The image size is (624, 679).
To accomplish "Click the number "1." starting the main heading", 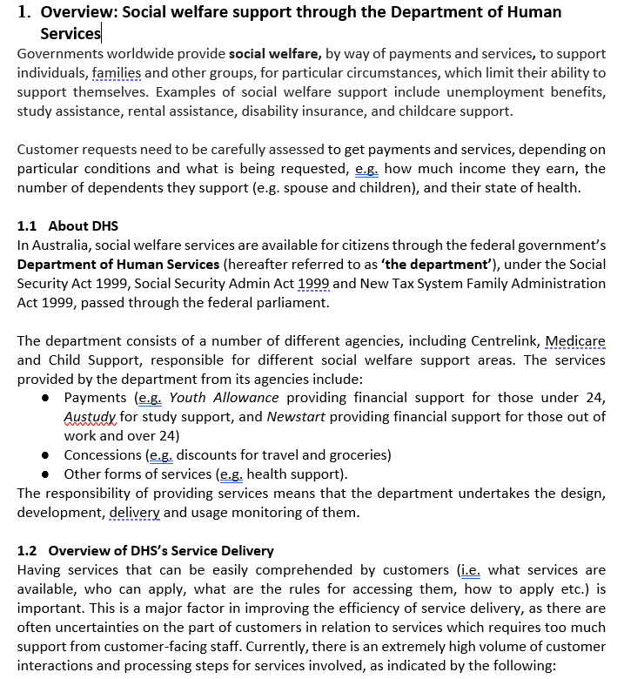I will pos(26,12).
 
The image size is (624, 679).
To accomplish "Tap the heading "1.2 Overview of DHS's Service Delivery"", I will pos(145,550).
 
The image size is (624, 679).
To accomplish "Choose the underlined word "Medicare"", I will pos(575,340).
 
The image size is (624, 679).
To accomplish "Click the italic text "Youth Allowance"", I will pos(224,398).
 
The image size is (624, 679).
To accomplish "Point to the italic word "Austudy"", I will pos(90,416).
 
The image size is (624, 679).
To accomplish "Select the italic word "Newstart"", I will pos(296,416).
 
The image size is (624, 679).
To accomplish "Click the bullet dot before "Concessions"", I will pos(45,455).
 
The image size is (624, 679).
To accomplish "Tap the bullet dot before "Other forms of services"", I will pos(45,474).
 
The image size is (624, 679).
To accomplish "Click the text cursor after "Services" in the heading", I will pos(102,34).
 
